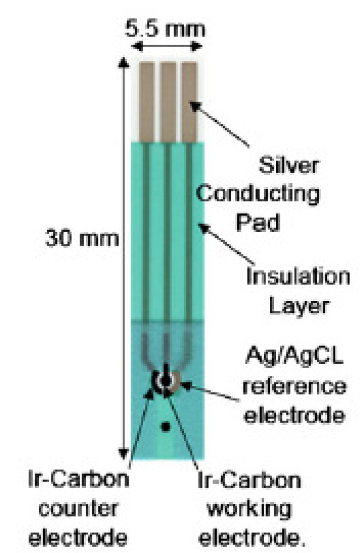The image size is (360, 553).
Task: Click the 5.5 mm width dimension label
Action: coord(169,27)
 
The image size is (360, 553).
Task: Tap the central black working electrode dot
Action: coord(165,382)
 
